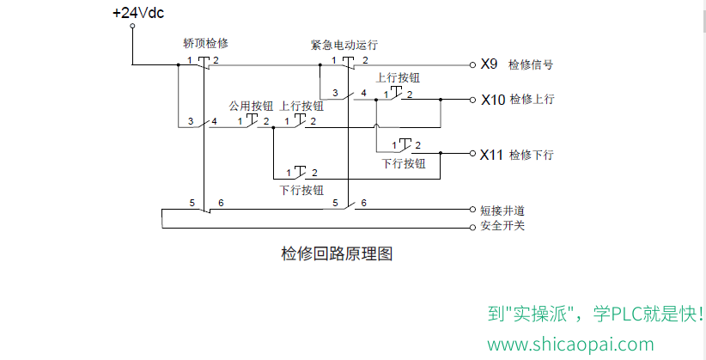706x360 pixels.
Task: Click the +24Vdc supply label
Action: pos(138,13)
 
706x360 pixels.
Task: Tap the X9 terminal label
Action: pos(489,64)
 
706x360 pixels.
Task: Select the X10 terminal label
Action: pos(493,100)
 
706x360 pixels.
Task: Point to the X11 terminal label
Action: pos(491,155)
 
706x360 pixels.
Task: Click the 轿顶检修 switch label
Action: pos(206,43)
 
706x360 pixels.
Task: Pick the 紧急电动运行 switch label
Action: pos(344,45)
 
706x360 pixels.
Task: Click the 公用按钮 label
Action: pos(251,106)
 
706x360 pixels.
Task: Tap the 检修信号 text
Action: pos(531,65)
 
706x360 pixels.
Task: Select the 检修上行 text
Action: pos(532,99)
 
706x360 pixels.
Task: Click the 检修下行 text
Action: pos(532,155)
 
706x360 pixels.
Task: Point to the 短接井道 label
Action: pos(502,211)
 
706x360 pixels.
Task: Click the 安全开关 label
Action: pos(502,225)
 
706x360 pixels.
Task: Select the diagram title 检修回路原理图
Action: pos(337,253)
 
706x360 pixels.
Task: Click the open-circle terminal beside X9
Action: pos(472,65)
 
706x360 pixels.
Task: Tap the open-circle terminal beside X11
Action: pos(472,154)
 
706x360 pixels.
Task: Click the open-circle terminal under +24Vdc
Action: pos(132,26)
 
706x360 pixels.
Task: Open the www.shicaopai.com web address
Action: pos(570,345)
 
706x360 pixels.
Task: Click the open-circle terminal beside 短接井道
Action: pos(472,209)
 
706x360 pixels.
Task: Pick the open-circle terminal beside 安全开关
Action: pos(472,228)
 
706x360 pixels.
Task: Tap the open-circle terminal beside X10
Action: pos(472,100)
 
